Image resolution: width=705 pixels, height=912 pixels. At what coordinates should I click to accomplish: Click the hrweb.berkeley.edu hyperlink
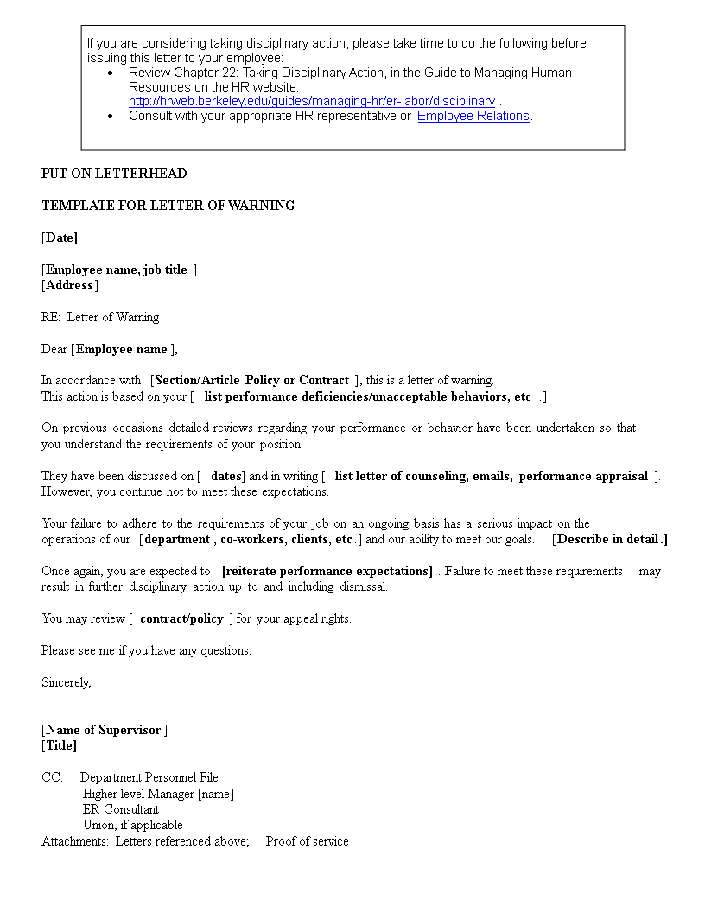[x=312, y=101]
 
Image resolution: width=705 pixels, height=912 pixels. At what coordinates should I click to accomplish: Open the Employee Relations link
[x=473, y=116]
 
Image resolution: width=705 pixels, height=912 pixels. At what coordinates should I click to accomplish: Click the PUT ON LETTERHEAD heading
[x=114, y=174]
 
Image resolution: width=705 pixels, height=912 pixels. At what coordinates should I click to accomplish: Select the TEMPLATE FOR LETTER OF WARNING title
[x=168, y=206]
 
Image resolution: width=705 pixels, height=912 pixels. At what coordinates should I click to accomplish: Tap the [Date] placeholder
[x=60, y=237]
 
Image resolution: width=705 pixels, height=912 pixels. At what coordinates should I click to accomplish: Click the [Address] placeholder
[x=70, y=285]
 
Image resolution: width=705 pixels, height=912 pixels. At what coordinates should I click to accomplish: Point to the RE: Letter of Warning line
[x=100, y=317]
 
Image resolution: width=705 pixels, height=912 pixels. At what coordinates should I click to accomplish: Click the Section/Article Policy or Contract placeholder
[x=251, y=380]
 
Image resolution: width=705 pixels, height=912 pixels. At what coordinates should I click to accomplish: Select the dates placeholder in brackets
[x=225, y=476]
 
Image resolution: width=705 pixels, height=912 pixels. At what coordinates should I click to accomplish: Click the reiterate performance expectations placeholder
[x=327, y=571]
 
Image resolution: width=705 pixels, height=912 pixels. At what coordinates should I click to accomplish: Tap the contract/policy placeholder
[x=181, y=618]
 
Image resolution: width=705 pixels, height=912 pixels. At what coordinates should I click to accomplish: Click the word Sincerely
[x=66, y=682]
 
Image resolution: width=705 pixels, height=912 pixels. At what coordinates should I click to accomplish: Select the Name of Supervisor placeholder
[x=104, y=730]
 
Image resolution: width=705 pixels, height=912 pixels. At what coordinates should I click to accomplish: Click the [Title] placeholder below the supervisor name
[x=60, y=745]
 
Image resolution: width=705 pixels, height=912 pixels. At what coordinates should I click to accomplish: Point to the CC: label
[x=52, y=777]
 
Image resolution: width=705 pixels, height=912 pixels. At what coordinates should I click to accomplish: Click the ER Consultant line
[x=121, y=809]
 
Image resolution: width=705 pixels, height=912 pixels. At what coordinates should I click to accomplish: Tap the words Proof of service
[x=307, y=841]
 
